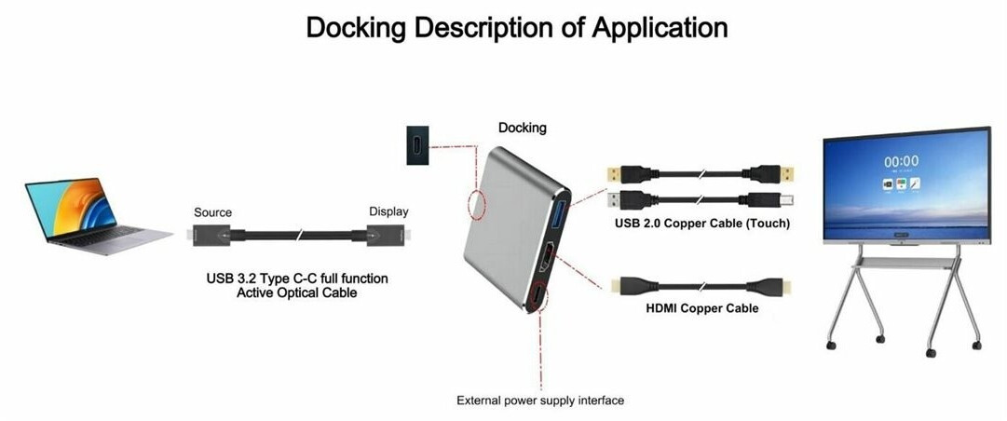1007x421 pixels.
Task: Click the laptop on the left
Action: (x=93, y=216)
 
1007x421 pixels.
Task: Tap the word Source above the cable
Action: (x=212, y=212)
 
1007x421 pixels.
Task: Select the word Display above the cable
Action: (x=388, y=211)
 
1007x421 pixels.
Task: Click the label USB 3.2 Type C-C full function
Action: (x=297, y=278)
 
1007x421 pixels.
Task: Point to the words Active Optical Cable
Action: (x=297, y=293)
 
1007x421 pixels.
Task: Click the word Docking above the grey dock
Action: (x=522, y=128)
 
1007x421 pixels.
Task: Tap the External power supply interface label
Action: (x=539, y=401)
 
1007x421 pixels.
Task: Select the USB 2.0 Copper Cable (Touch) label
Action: (x=702, y=224)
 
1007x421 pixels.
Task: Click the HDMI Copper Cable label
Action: (x=702, y=308)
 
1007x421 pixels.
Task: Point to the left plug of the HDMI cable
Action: (x=627, y=285)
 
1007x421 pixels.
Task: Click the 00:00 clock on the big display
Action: (x=901, y=161)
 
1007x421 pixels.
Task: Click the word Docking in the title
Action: (x=357, y=28)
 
